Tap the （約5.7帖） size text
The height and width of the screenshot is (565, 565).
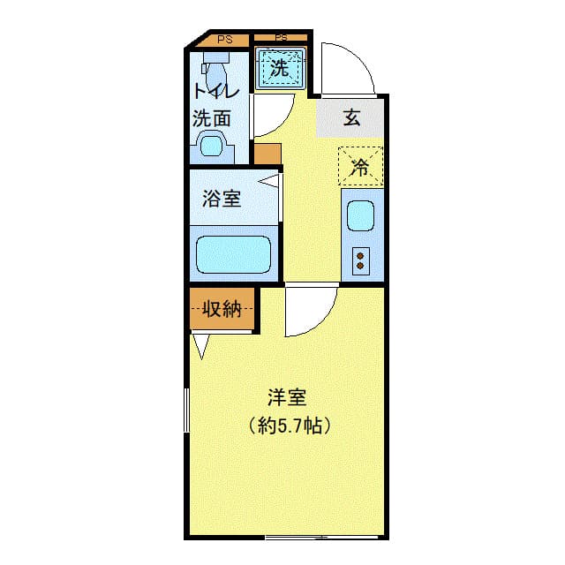point(290,426)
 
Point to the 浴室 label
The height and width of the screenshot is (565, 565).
point(222,199)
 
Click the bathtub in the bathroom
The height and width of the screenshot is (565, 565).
point(233,254)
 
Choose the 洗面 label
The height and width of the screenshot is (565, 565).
point(212,117)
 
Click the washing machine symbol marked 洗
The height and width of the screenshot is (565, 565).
point(280,68)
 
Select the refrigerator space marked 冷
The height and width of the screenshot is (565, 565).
point(360,166)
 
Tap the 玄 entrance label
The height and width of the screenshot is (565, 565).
point(351,117)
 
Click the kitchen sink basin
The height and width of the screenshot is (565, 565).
point(360,216)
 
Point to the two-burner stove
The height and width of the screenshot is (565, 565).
point(360,260)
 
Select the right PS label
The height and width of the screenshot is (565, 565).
point(281,38)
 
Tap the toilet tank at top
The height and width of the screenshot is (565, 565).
point(215,64)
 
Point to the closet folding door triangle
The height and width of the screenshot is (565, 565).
point(202,346)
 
